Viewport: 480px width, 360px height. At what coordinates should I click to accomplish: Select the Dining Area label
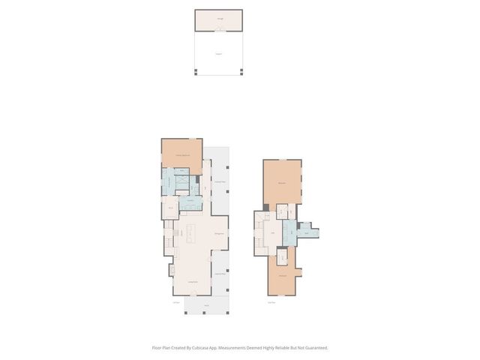pyautogui.click(x=217, y=235)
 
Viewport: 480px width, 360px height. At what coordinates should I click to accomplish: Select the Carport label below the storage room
pyautogui.click(x=218, y=53)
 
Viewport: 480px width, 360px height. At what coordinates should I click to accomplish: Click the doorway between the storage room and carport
pyautogui.click(x=218, y=31)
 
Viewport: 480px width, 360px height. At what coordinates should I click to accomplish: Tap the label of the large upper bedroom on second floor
pyautogui.click(x=281, y=183)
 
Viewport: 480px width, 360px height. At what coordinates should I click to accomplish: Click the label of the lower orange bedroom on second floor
pyautogui.click(x=282, y=276)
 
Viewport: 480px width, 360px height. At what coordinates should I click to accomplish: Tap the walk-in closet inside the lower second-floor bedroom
pyautogui.click(x=282, y=257)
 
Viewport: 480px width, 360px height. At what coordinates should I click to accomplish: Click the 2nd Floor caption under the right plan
pyautogui.click(x=271, y=303)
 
